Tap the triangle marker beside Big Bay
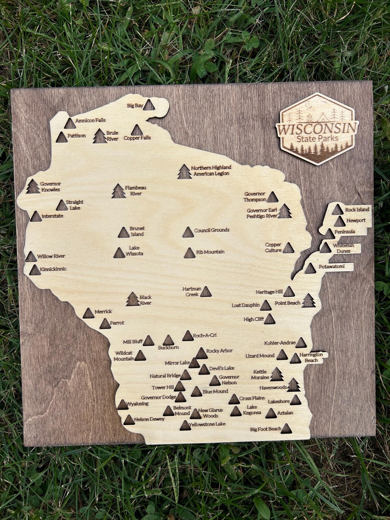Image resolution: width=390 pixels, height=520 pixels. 148,105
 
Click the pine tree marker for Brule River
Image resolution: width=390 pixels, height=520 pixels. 99,136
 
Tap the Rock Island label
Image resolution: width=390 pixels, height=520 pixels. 357,209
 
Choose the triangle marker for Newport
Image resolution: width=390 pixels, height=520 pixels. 340,222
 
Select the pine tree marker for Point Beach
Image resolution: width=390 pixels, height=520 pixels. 309,301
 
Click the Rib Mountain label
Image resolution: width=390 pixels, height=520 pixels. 210,252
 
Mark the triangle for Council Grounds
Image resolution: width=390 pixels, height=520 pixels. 187,232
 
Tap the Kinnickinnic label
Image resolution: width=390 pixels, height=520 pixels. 53,269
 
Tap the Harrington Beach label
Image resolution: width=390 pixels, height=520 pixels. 309,357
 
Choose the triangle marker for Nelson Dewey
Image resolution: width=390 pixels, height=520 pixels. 129,420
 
